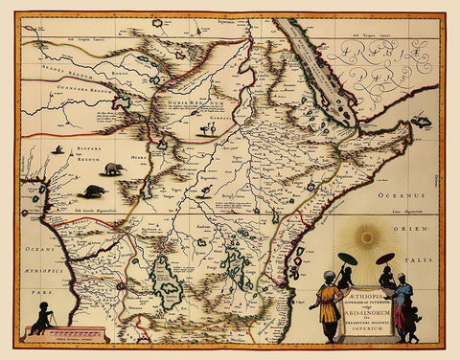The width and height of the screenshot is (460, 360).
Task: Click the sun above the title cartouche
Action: pos(368,236)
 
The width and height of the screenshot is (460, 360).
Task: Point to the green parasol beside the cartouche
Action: pos(349,259)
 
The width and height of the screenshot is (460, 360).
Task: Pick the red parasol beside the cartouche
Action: pos(385,258)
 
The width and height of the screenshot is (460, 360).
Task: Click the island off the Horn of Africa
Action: pos(421,123)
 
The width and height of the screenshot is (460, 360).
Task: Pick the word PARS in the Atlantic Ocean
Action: pos(27,287)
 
